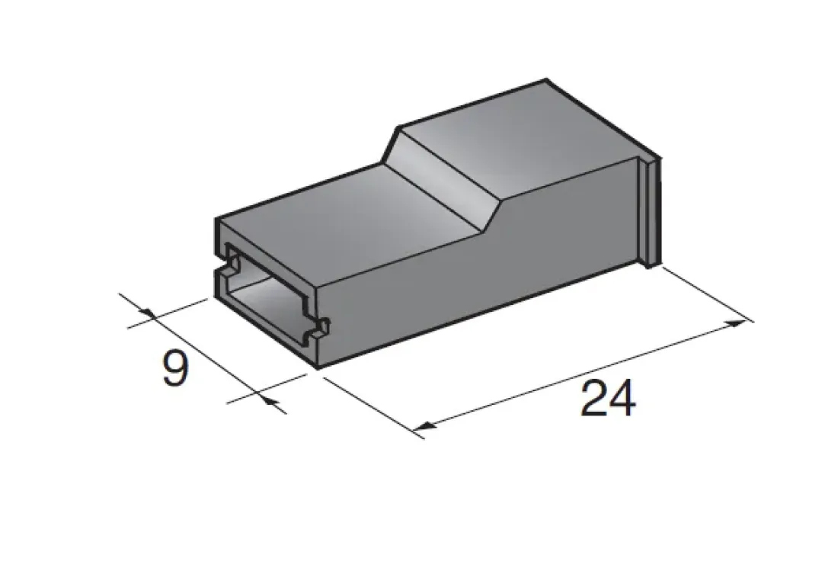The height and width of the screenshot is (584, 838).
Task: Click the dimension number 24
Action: point(608,399)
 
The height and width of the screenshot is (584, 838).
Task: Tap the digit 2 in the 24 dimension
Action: point(594,399)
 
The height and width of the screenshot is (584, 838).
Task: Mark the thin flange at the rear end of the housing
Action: point(651,213)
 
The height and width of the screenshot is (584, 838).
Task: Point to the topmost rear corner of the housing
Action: point(548,79)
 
